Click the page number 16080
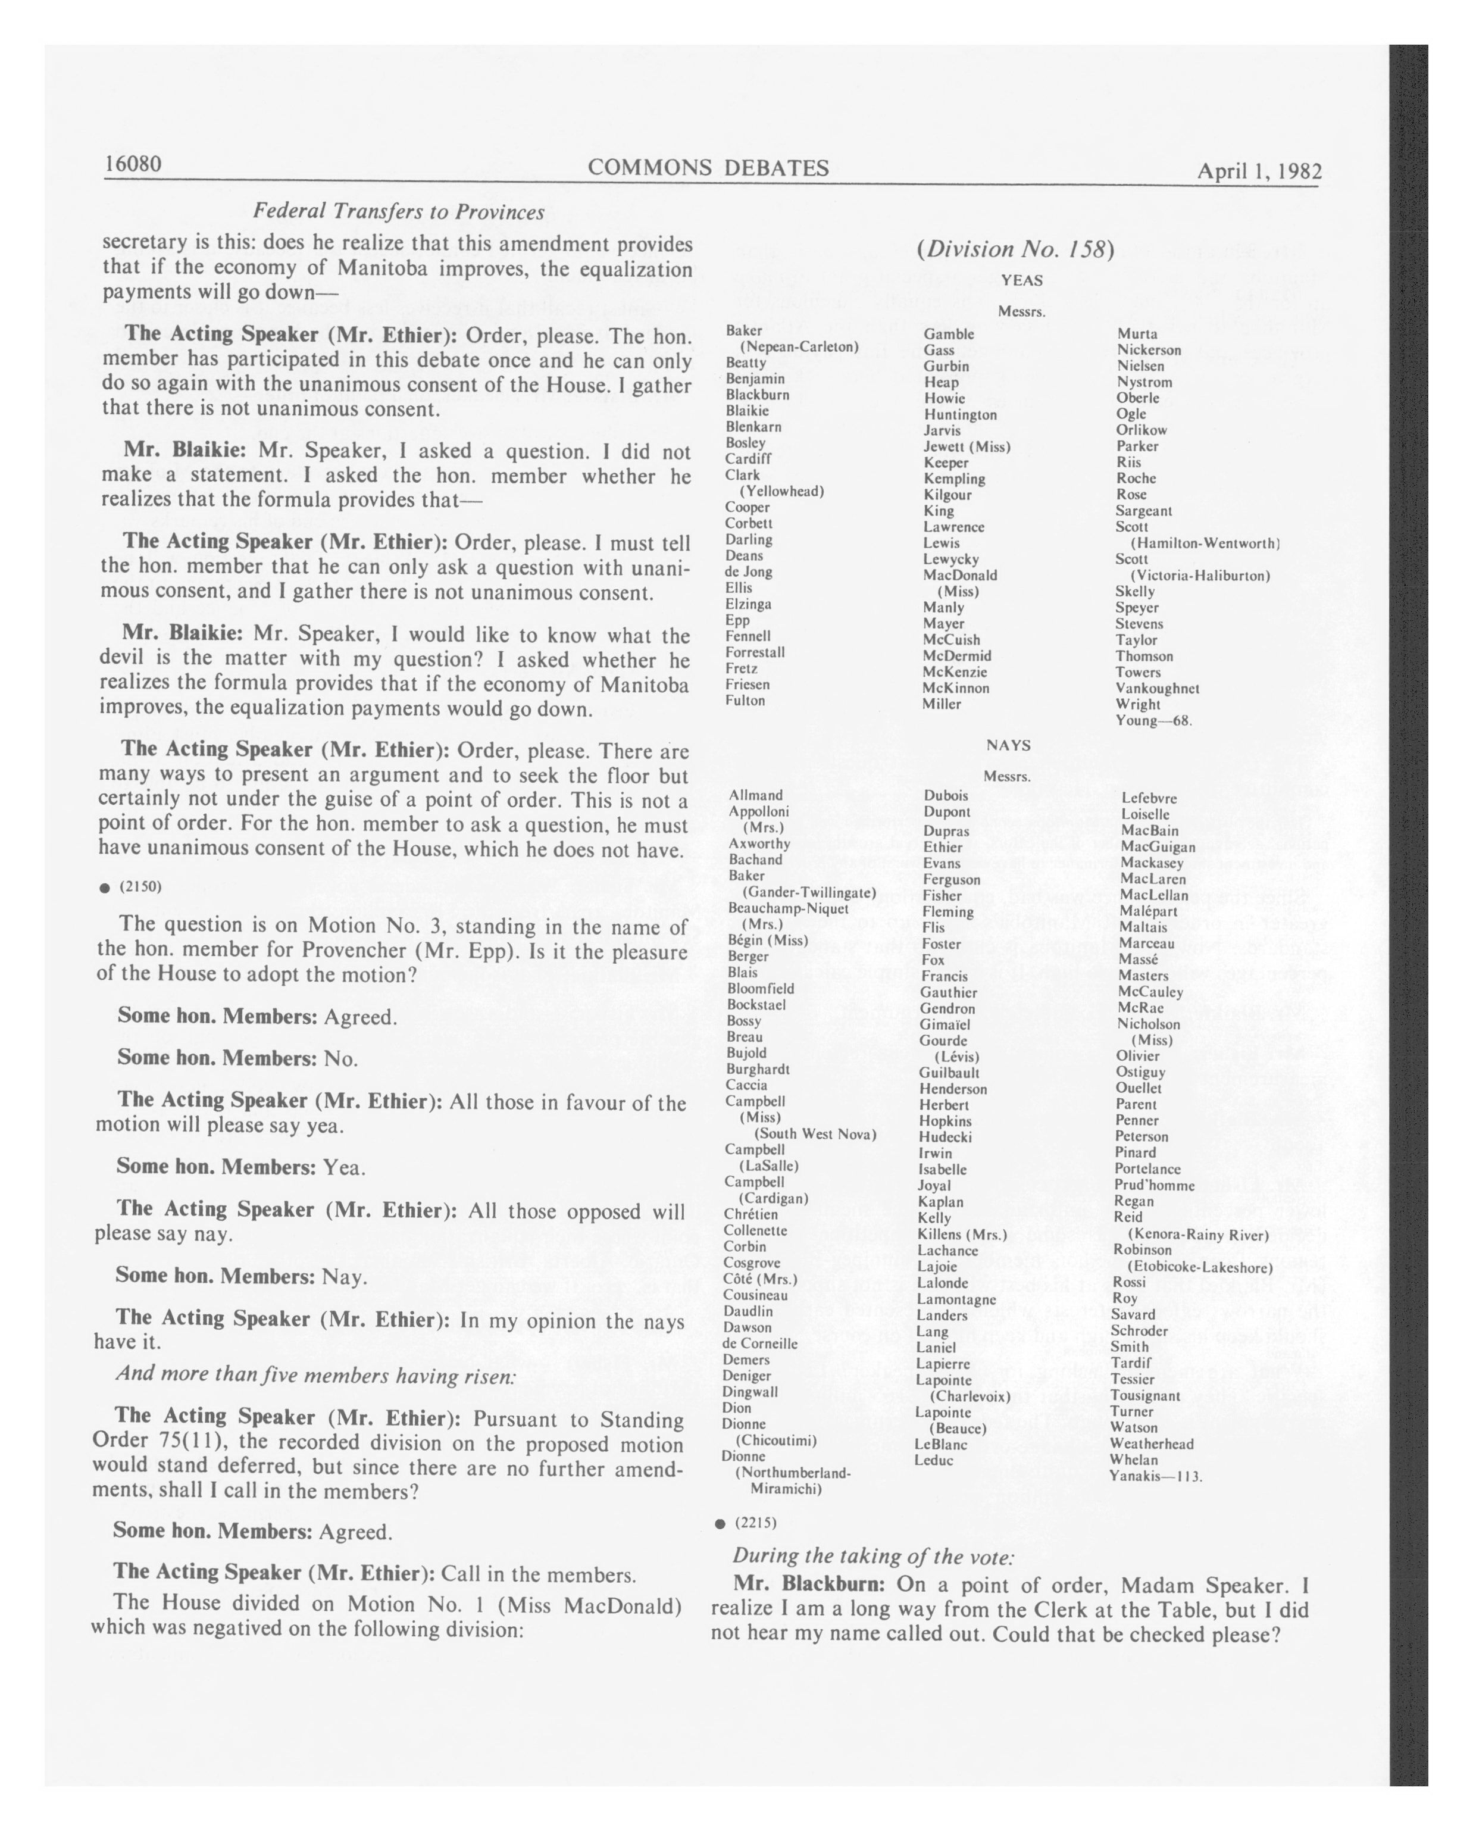click(x=133, y=163)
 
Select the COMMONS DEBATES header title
click(x=708, y=167)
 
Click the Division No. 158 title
click(x=1015, y=249)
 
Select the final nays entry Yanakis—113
click(x=1155, y=1476)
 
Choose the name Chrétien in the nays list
click(x=750, y=1214)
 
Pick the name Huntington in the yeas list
click(x=960, y=414)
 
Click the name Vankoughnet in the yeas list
click(x=1156, y=689)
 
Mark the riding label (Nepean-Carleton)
click(x=799, y=346)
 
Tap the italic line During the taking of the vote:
click(x=872, y=1556)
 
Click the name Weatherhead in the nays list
click(x=1151, y=1443)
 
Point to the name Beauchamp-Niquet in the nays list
click(x=788, y=908)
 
